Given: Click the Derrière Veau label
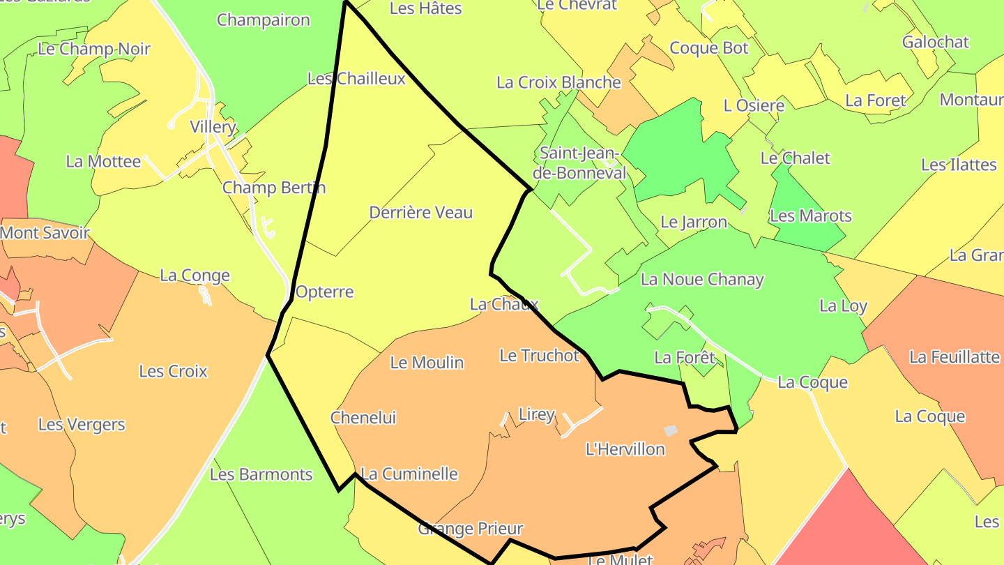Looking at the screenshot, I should pyautogui.click(x=420, y=213).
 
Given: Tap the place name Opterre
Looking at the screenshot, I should pyautogui.click(x=324, y=292).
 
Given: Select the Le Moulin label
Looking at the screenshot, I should pyautogui.click(x=427, y=363).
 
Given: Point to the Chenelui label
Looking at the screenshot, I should pyautogui.click(x=363, y=418).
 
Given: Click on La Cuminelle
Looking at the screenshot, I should pyautogui.click(x=409, y=474).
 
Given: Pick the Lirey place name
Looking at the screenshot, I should pyautogui.click(x=536, y=414).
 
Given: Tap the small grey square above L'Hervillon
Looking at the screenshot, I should pyautogui.click(x=670, y=431).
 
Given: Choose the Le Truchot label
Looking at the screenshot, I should pyautogui.click(x=539, y=356).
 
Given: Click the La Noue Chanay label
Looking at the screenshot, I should pyautogui.click(x=701, y=280).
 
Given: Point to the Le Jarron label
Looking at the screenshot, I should pyautogui.click(x=693, y=223).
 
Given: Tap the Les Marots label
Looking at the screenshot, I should pyautogui.click(x=810, y=216).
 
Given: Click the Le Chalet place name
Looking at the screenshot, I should pyautogui.click(x=795, y=158).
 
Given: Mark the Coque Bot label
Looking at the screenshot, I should pyautogui.click(x=708, y=48).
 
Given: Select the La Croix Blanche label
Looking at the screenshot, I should pyautogui.click(x=558, y=82).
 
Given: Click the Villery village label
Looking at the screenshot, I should pyautogui.click(x=213, y=127).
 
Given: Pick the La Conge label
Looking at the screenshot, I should pyautogui.click(x=195, y=276).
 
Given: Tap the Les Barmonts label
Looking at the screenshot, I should pyautogui.click(x=261, y=475).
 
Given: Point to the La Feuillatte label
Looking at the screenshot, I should pyautogui.click(x=954, y=357).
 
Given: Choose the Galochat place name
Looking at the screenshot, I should pyautogui.click(x=935, y=42).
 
